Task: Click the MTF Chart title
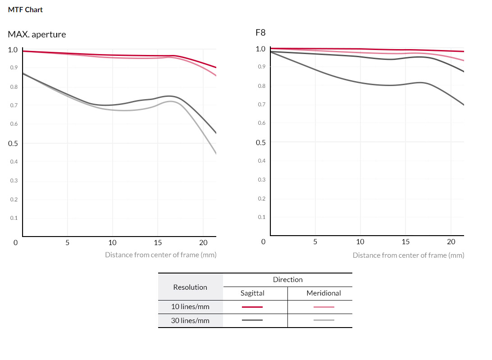[x=25, y=9]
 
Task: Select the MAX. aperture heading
[x=37, y=34]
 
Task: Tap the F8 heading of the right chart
[x=260, y=33]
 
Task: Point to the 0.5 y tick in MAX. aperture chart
[x=13, y=144]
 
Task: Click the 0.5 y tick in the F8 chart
[x=260, y=142]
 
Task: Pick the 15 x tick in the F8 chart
[x=405, y=242]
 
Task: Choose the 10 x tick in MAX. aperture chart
[x=112, y=242]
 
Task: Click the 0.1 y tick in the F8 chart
[x=261, y=217]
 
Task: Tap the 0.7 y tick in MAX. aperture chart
[x=14, y=105]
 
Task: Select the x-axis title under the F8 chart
[x=408, y=255]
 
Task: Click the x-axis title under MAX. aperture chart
[x=160, y=255]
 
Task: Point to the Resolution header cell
[x=190, y=287]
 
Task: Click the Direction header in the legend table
[x=287, y=280]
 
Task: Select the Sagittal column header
[x=252, y=293]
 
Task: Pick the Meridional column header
[x=323, y=293]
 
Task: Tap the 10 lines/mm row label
[x=190, y=307]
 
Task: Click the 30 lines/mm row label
[x=190, y=320]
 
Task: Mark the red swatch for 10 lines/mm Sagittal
[x=252, y=307]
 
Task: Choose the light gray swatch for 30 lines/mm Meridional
[x=324, y=320]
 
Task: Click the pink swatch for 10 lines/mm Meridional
[x=324, y=307]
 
